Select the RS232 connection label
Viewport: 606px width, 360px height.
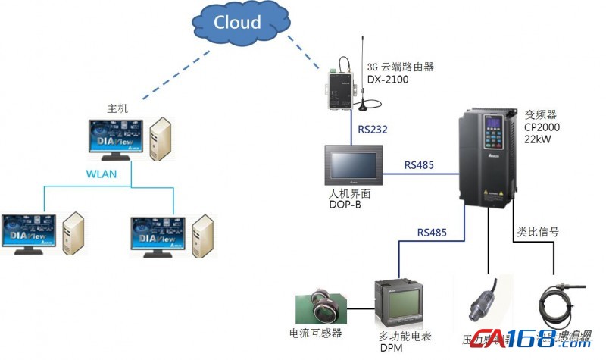tap(372, 130)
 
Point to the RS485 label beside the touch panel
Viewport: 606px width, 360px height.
tap(419, 164)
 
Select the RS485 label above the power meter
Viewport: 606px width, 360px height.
tap(432, 233)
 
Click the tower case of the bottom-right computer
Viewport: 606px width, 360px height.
tap(202, 236)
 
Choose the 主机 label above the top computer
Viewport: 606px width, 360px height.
tap(118, 108)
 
